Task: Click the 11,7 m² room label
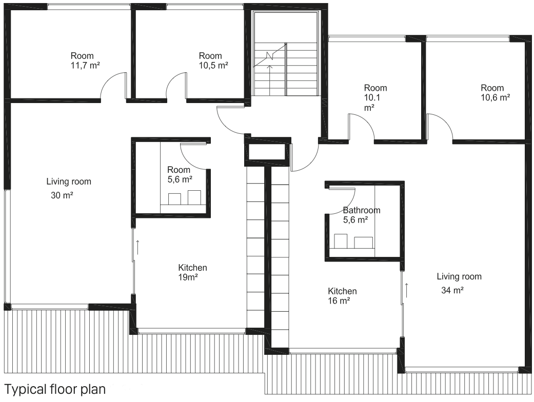tap(85, 61)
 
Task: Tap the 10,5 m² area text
tap(213, 61)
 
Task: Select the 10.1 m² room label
tap(375, 98)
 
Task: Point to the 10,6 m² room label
tap(495, 93)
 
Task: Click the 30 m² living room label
tap(69, 188)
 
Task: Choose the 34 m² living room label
tap(459, 283)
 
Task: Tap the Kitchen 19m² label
tap(192, 272)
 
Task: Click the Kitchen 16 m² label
tap(342, 296)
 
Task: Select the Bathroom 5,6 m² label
tap(361, 215)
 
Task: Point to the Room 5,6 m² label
tap(180, 174)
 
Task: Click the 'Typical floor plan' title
tap(55, 389)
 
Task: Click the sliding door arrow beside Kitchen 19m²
tap(137, 248)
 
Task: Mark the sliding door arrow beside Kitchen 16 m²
tap(406, 290)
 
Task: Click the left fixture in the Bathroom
tap(341, 241)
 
